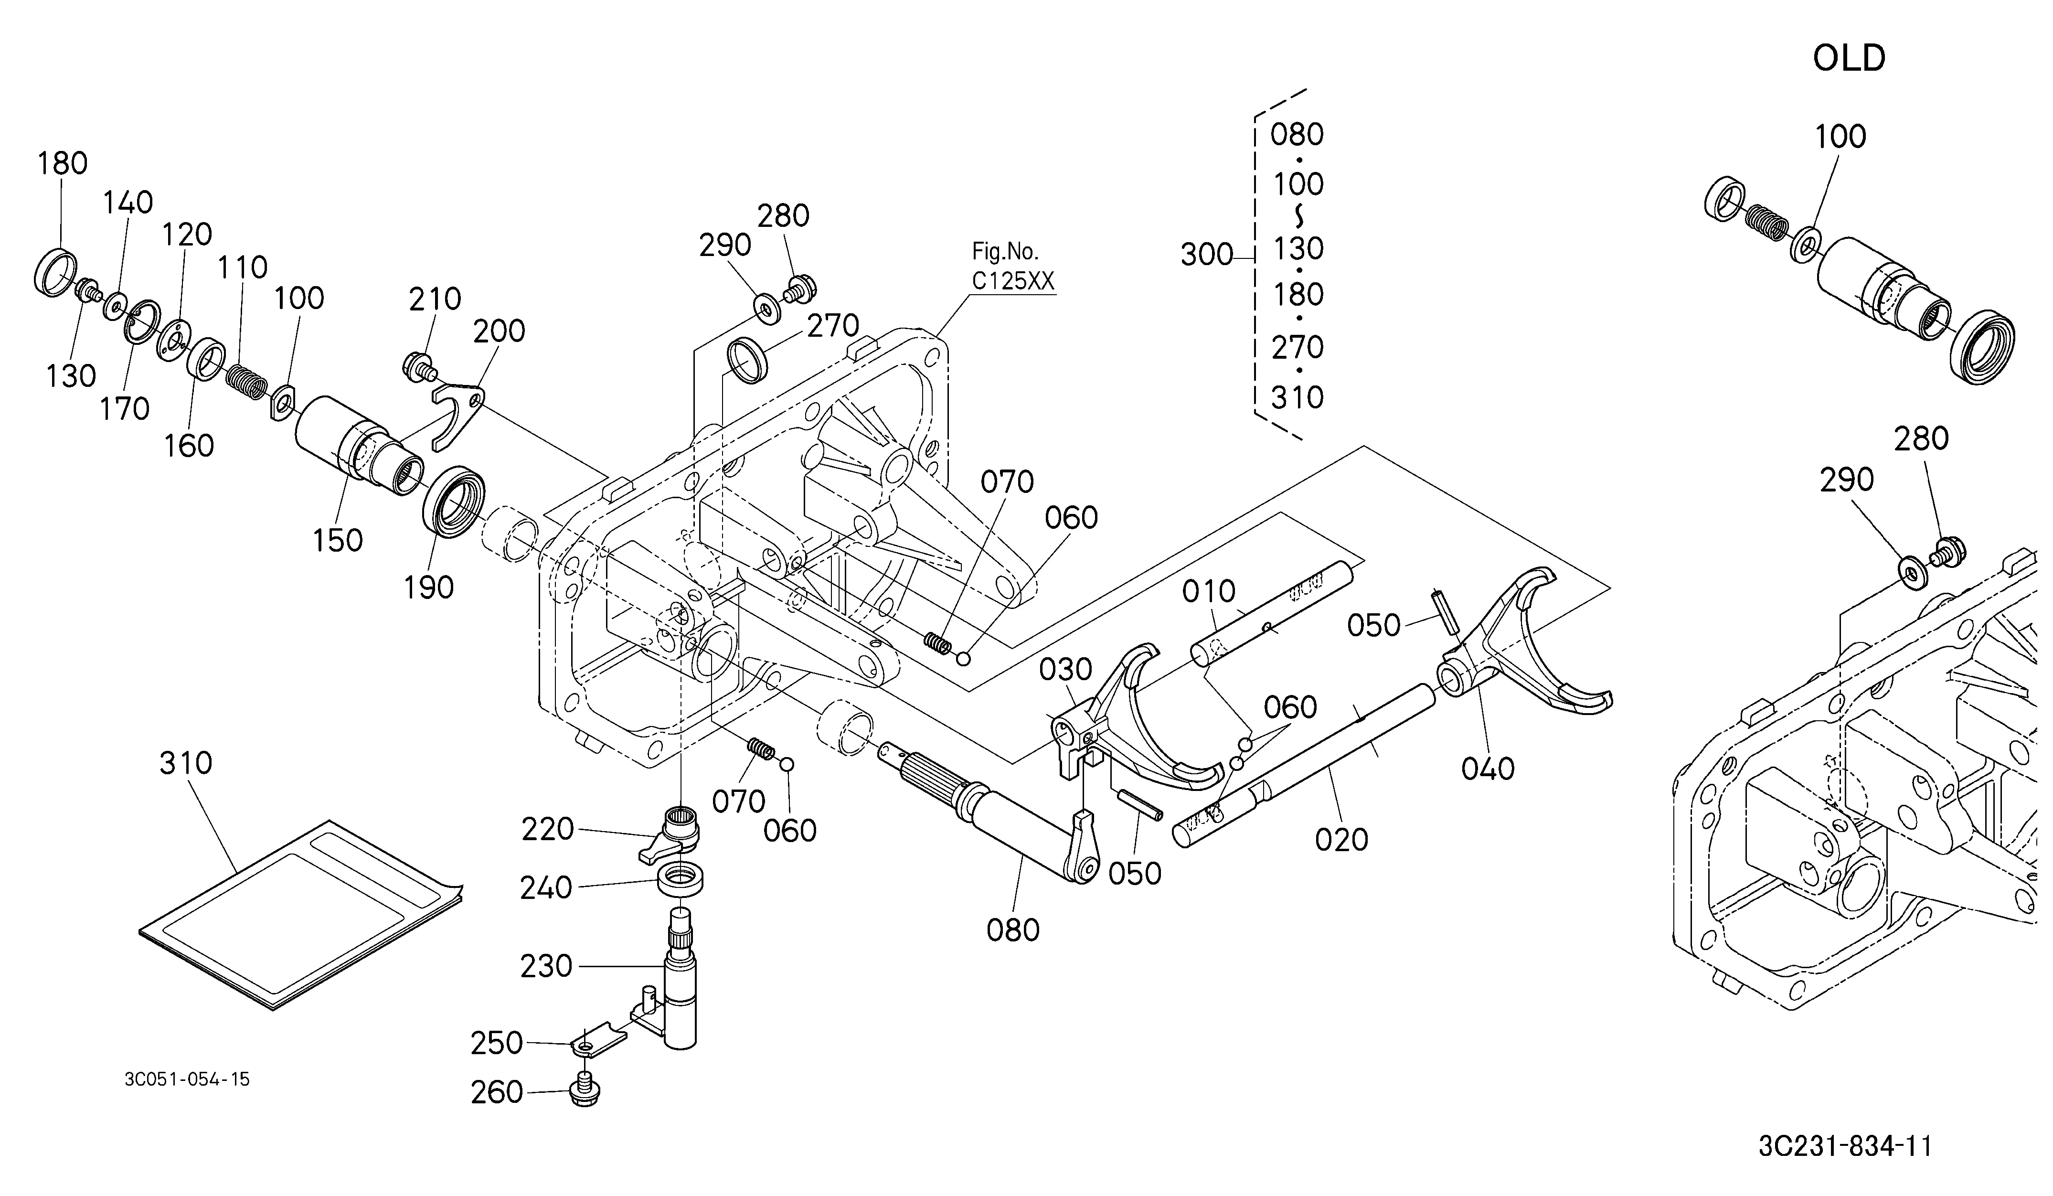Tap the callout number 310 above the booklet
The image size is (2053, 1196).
click(186, 763)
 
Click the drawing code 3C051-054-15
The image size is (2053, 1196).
click(187, 1079)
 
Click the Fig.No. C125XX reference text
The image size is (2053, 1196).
click(1012, 267)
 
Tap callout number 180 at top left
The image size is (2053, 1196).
click(62, 164)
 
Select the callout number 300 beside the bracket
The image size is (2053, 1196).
click(1207, 255)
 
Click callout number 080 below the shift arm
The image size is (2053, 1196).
click(1012, 929)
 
